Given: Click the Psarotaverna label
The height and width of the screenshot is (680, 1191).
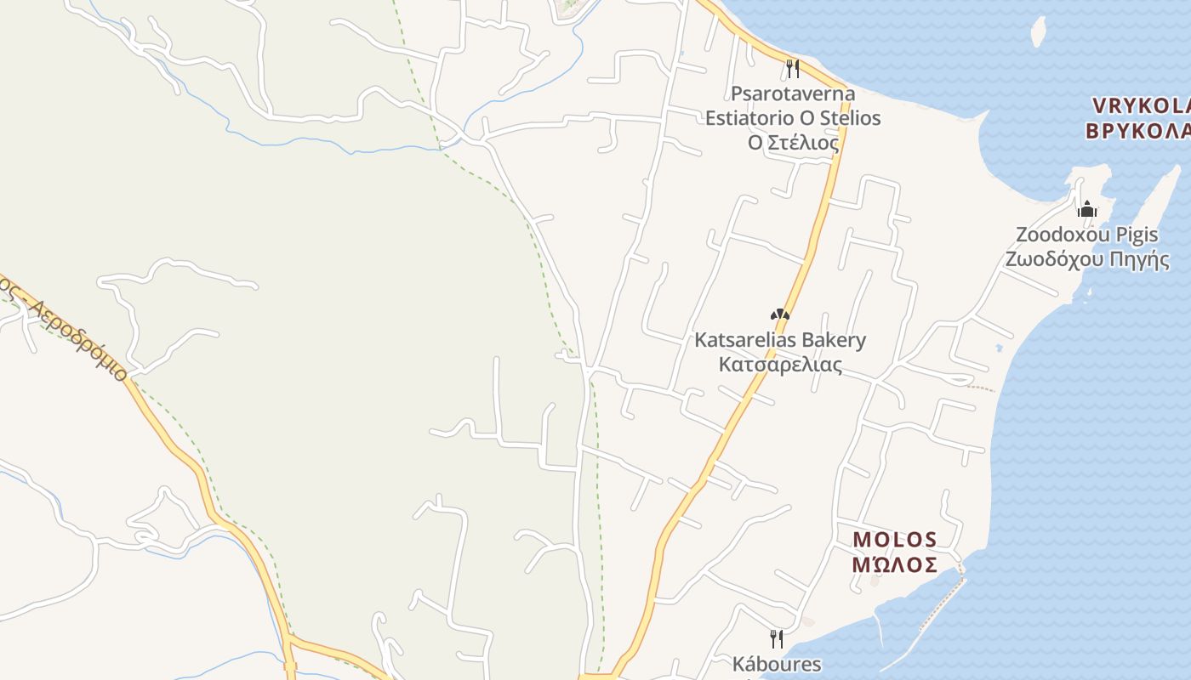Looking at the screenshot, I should click(x=792, y=93).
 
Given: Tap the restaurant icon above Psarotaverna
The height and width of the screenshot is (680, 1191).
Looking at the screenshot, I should click(x=792, y=67).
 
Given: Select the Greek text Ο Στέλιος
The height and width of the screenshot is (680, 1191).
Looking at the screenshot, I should click(x=793, y=142).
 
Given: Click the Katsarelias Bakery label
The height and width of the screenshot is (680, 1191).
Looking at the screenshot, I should click(x=780, y=341).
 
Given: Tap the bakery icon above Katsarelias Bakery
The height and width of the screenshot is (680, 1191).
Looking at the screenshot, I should click(x=780, y=314).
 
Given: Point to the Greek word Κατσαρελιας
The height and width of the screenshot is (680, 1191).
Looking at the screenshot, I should click(x=780, y=365).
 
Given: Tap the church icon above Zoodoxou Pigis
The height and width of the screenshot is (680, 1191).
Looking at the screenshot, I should click(x=1086, y=208).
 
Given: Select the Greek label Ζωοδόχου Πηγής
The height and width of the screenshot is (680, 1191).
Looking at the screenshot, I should click(x=1086, y=259).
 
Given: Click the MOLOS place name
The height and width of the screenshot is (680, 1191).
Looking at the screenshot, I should click(x=895, y=540).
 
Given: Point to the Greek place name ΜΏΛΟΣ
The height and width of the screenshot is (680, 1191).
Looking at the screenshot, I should click(x=895, y=564).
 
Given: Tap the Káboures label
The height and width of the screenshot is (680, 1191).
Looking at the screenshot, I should click(x=777, y=664).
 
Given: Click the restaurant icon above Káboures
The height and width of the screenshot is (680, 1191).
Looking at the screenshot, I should click(x=776, y=637).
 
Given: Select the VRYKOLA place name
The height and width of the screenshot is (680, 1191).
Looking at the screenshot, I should click(x=1140, y=105).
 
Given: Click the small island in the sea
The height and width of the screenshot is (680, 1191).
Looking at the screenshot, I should click(x=1038, y=31).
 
